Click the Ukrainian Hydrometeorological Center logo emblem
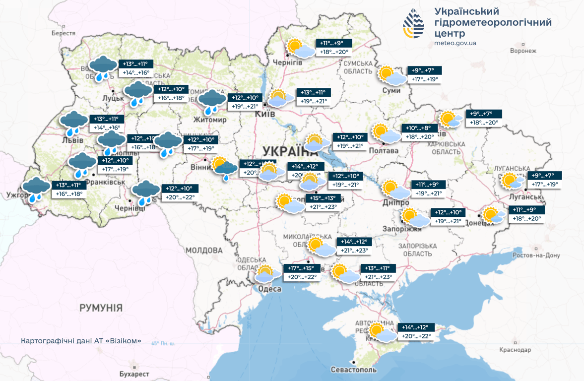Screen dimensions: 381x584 pyautogui.click(x=414, y=24)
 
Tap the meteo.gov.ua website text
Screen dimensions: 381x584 pyautogui.click(x=454, y=43)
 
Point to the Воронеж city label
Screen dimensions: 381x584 pyautogui.click(x=523, y=51)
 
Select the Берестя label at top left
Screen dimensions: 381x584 pyautogui.click(x=63, y=33)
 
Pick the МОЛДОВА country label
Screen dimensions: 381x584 pyautogui.click(x=204, y=250)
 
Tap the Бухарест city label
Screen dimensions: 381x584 pyautogui.click(x=134, y=373)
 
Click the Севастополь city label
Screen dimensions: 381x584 pyautogui.click(x=354, y=370)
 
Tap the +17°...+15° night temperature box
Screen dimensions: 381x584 pyautogui.click(x=299, y=268)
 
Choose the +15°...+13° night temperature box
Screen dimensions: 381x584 pyautogui.click(x=323, y=198)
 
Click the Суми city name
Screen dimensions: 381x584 pyautogui.click(x=391, y=90)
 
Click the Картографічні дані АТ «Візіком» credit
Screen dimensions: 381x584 pyautogui.click(x=81, y=341)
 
